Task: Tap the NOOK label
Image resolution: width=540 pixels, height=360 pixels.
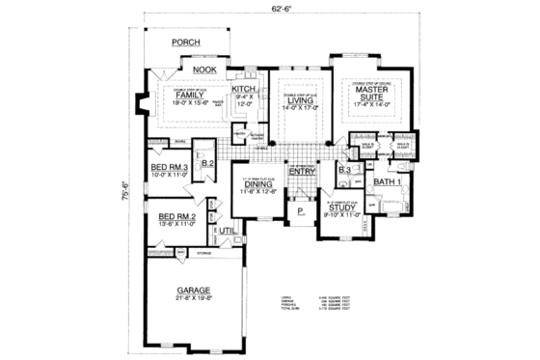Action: click(202, 69)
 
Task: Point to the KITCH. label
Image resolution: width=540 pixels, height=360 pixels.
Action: click(244, 88)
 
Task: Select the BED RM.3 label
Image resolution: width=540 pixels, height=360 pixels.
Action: click(168, 168)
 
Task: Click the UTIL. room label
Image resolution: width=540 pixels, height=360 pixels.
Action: click(228, 232)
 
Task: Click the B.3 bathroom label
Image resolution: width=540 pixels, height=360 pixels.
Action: click(344, 170)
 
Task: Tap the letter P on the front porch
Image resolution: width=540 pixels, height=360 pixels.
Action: click(300, 209)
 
